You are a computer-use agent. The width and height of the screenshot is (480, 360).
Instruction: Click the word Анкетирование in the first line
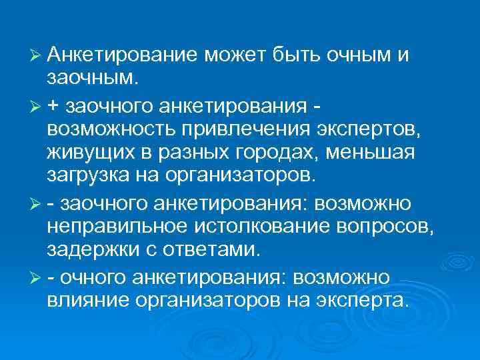124,55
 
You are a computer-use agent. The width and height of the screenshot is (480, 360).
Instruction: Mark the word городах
267,153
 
